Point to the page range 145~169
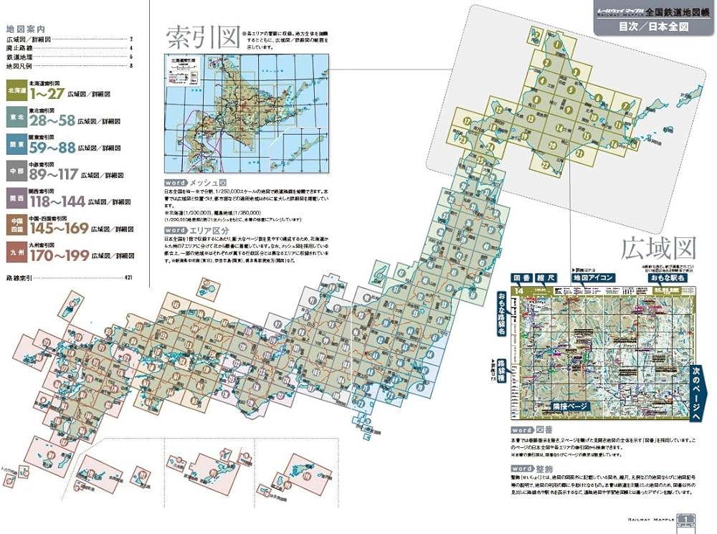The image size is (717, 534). click(58, 228)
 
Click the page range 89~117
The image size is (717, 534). click(54, 174)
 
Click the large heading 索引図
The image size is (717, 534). click(201, 37)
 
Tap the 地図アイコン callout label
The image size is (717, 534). click(592, 277)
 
